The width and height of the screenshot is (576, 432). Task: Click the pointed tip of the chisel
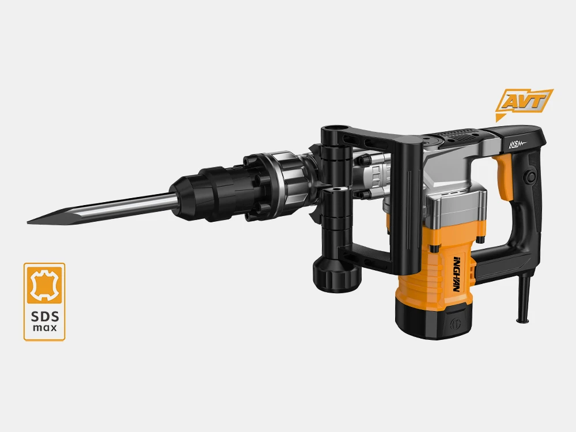(x=28, y=222)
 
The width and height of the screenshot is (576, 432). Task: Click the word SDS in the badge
(x=45, y=316)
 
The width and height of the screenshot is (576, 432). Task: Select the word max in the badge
(x=45, y=327)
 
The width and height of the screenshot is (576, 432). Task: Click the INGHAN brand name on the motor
(x=457, y=274)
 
